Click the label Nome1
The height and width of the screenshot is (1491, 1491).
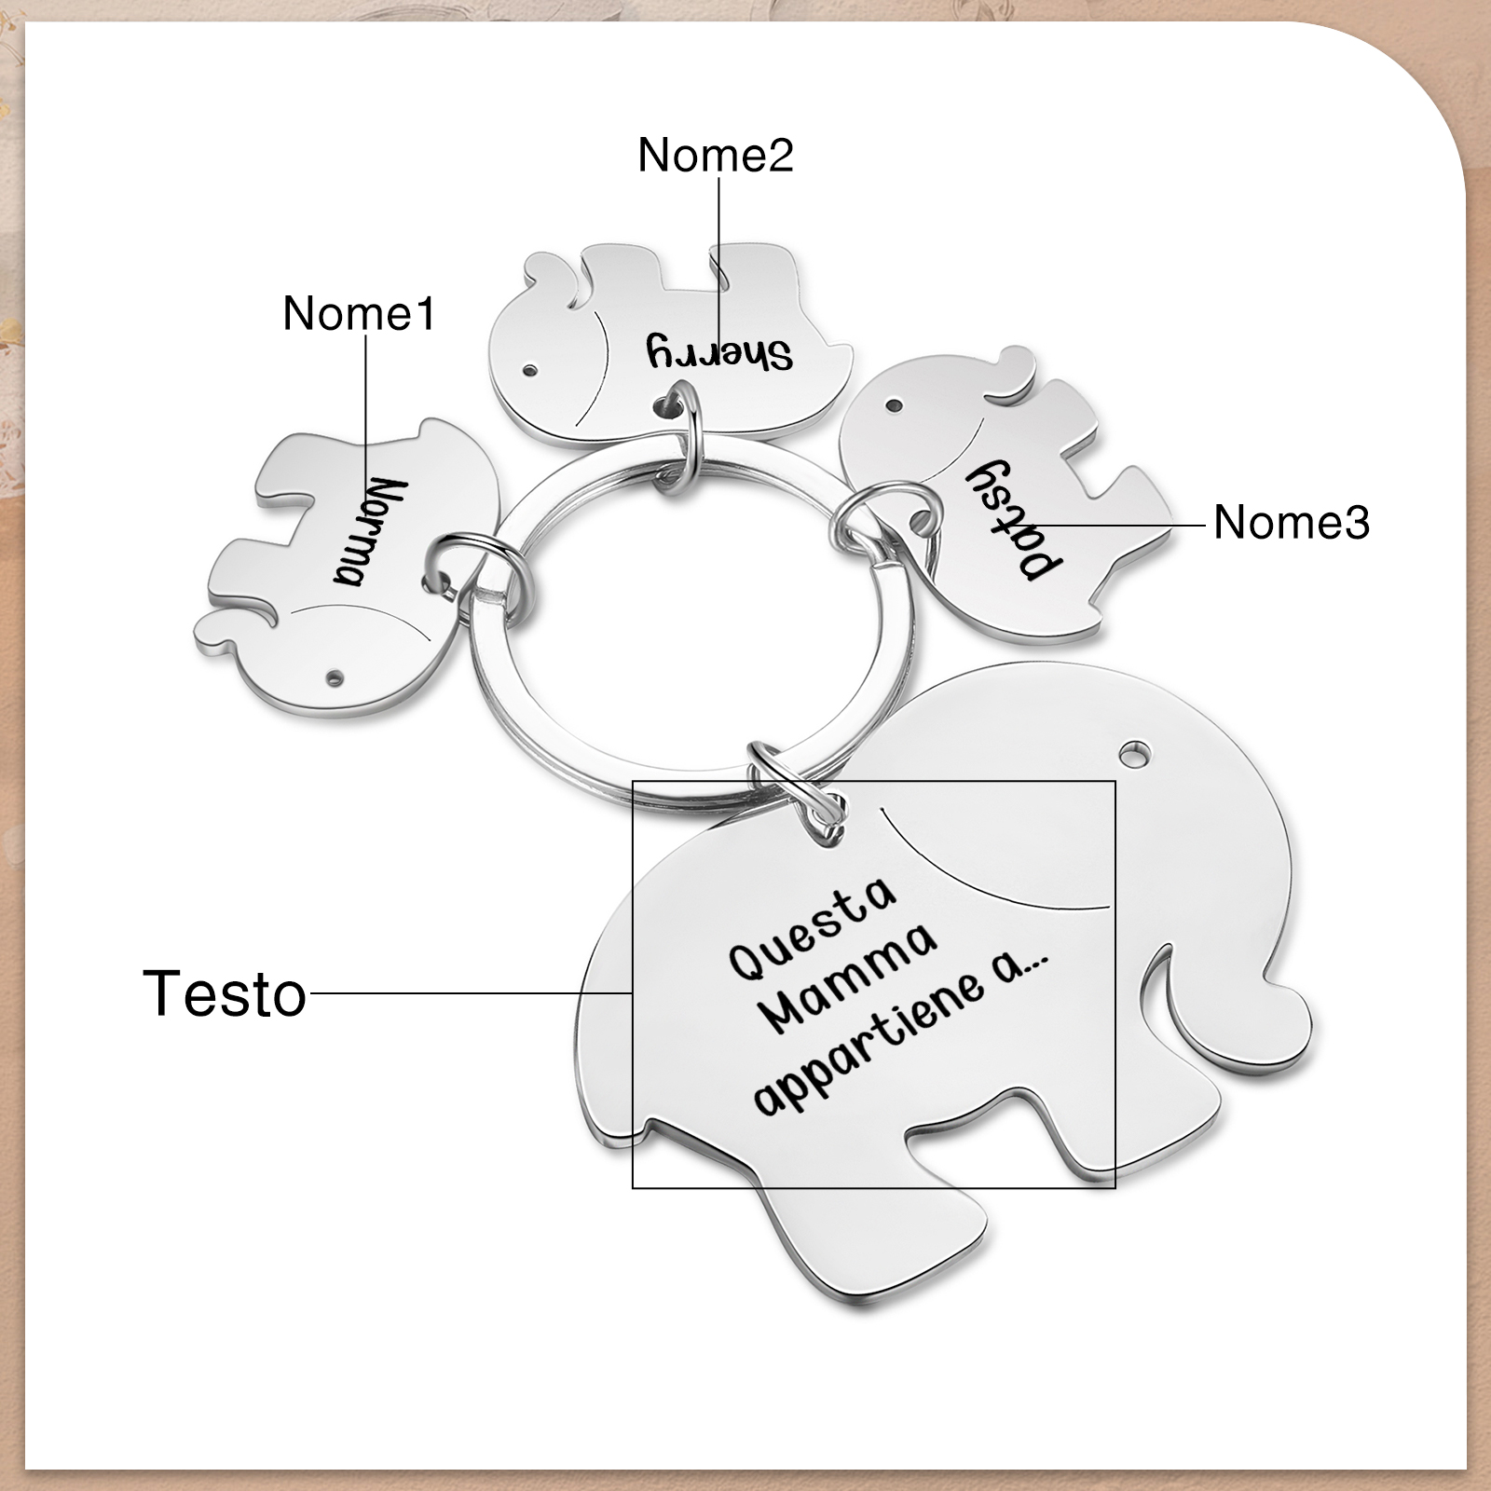[359, 313]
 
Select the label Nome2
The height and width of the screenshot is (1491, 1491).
[715, 154]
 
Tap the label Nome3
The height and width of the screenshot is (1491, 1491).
[1291, 522]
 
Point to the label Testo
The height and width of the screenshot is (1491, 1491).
[225, 993]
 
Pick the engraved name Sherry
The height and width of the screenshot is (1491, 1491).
[719, 352]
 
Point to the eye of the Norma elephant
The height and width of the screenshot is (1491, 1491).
[335, 673]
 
